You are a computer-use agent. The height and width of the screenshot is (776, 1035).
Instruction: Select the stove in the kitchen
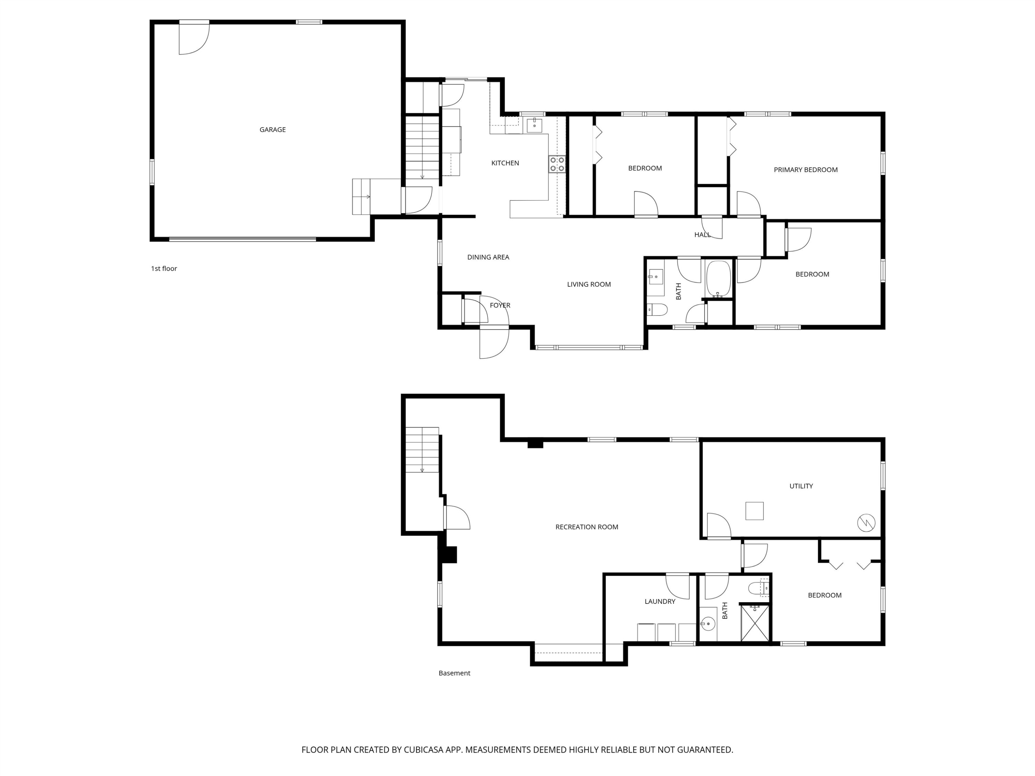click(557, 164)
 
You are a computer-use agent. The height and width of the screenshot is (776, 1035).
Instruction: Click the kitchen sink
click(534, 125)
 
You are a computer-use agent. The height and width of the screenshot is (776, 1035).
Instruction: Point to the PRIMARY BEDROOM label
click(805, 170)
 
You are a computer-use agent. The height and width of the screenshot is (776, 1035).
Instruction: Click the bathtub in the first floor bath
click(718, 279)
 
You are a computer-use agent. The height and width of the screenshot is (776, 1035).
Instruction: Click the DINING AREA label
click(488, 257)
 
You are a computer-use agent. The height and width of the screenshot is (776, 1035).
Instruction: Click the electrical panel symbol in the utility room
click(866, 523)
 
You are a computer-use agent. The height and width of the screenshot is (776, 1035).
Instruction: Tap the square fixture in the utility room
click(754, 511)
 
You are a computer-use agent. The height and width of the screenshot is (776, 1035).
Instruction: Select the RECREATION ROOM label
click(587, 527)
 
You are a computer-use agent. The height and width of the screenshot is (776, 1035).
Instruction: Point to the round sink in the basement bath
click(708, 624)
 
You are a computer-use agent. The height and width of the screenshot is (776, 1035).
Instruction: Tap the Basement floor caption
click(454, 673)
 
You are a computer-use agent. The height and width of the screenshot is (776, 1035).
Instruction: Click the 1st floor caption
click(164, 268)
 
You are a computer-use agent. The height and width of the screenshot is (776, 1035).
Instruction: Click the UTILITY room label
click(801, 486)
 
